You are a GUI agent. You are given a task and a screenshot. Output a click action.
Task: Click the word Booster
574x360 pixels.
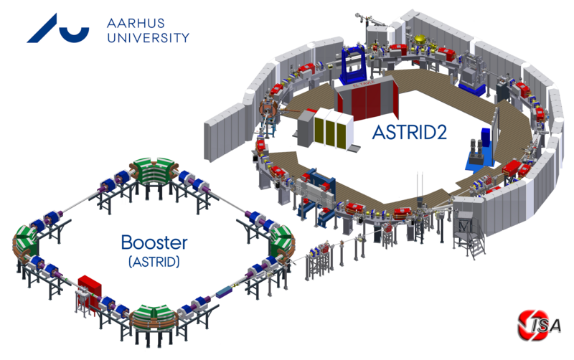(154, 242)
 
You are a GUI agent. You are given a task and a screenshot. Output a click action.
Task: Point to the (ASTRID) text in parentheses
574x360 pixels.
(154, 263)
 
